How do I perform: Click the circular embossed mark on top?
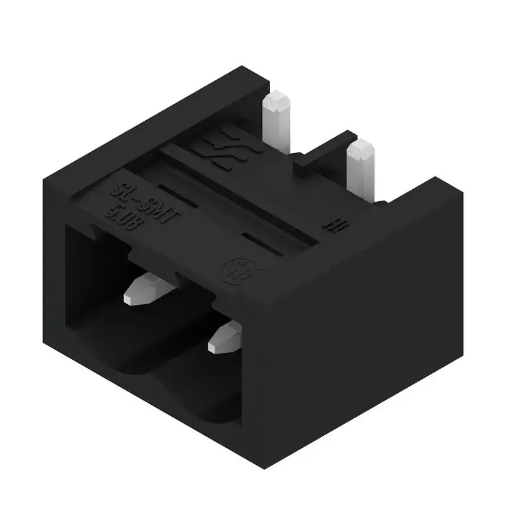(x=233, y=271)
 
